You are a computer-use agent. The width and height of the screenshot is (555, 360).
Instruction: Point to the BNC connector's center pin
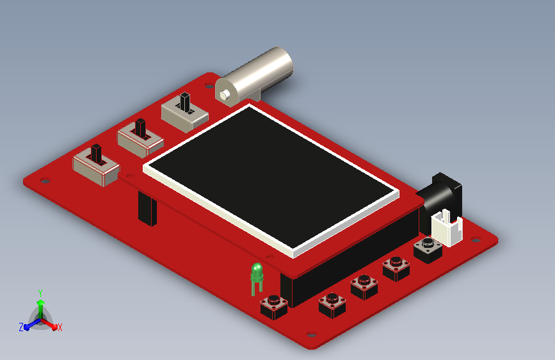point(225,95)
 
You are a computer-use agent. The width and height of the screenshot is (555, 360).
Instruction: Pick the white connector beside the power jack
point(447,227)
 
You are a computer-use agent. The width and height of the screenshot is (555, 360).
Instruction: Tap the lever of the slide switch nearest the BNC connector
point(185,102)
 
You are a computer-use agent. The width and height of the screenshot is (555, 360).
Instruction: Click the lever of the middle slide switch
point(141,128)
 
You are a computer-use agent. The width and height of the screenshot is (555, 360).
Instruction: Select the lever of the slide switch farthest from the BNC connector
point(96,154)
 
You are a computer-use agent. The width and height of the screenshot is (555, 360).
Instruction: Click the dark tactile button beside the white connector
point(428,250)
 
